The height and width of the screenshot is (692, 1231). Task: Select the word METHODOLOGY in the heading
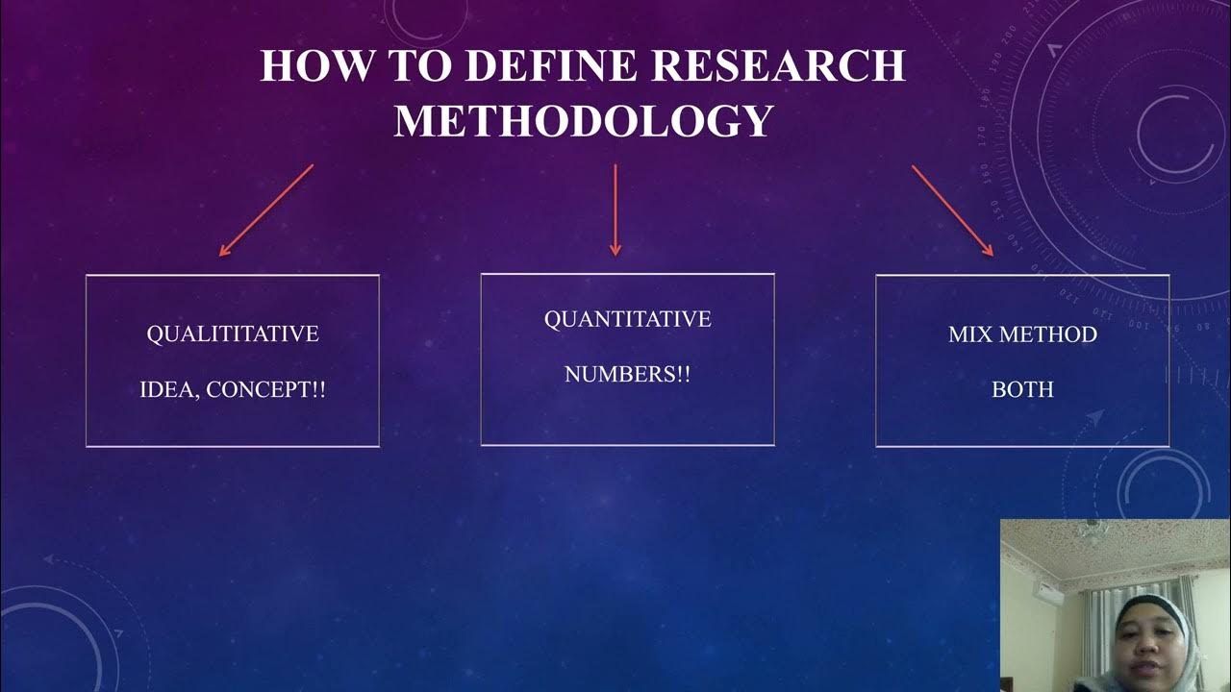coord(584,121)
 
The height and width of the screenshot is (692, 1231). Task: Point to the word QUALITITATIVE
coord(233,334)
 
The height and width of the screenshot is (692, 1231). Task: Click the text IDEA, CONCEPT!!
coord(233,391)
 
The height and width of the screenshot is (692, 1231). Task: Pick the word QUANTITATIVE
coord(628,319)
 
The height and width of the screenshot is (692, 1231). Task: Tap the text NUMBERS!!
coord(628,375)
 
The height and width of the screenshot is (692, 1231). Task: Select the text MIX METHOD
coord(1022,334)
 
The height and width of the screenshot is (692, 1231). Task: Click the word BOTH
coord(1022,390)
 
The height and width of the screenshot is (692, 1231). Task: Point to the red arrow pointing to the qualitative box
coord(266,210)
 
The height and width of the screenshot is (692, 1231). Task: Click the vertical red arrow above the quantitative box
coord(615,210)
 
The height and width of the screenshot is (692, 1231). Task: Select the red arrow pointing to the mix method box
coord(952,210)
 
